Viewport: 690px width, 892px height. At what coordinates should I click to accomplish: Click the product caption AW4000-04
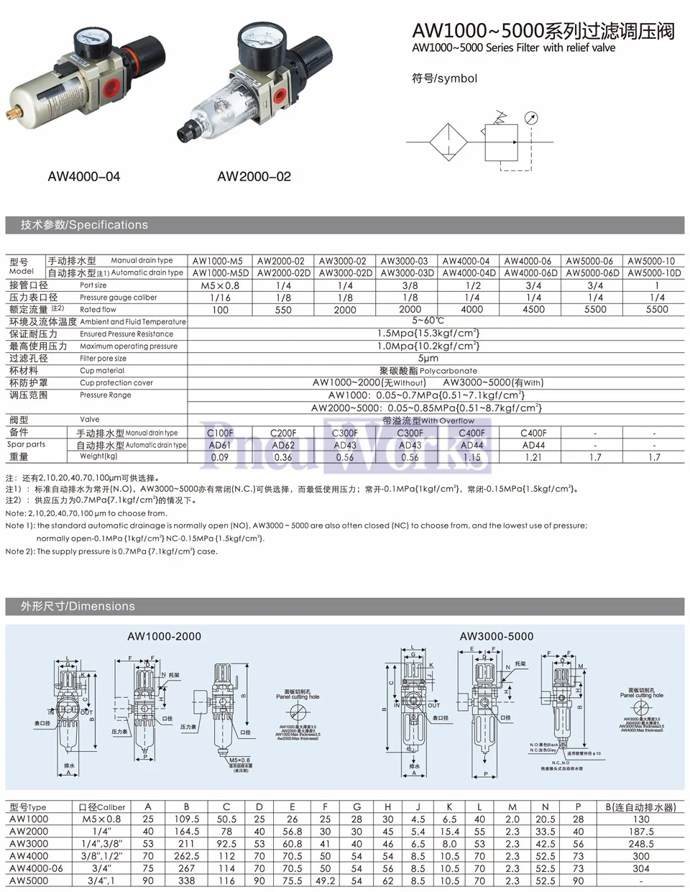(x=84, y=177)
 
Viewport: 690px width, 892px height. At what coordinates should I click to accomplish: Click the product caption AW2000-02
(x=254, y=177)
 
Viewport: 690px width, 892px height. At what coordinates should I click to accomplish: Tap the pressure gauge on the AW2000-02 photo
(x=254, y=41)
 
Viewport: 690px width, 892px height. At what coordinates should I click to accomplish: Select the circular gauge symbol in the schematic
(x=530, y=119)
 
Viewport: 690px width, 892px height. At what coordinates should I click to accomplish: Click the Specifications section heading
(x=84, y=225)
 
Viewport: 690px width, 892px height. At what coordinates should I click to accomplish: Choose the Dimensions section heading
(x=78, y=606)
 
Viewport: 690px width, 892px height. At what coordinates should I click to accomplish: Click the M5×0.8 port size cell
(x=220, y=285)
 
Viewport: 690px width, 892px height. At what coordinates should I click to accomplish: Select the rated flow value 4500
(x=533, y=310)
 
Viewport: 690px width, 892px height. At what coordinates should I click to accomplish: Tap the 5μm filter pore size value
(x=428, y=358)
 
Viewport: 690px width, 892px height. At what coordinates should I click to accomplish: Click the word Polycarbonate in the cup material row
(x=448, y=371)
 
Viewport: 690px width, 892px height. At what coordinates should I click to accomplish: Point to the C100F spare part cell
(x=220, y=433)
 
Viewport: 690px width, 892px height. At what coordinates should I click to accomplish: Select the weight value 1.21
(x=533, y=457)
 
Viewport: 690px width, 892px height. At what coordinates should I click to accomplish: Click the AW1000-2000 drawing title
(x=164, y=636)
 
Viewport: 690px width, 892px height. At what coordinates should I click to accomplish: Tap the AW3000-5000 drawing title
(x=497, y=636)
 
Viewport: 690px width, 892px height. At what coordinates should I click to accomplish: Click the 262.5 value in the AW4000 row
(x=186, y=856)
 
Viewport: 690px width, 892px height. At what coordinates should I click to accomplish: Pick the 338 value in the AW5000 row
(x=186, y=880)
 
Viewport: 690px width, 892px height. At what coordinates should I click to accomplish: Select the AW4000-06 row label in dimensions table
(x=36, y=868)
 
